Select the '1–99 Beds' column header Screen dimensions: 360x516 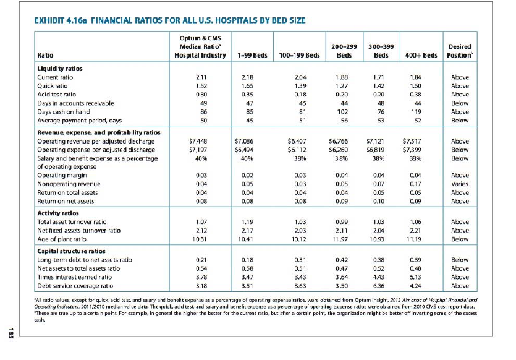[252, 55]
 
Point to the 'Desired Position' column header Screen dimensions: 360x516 [459, 51]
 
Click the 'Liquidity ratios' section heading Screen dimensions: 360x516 [61, 68]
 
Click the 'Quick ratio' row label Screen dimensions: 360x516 [52, 86]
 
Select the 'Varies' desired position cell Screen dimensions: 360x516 [460, 184]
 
